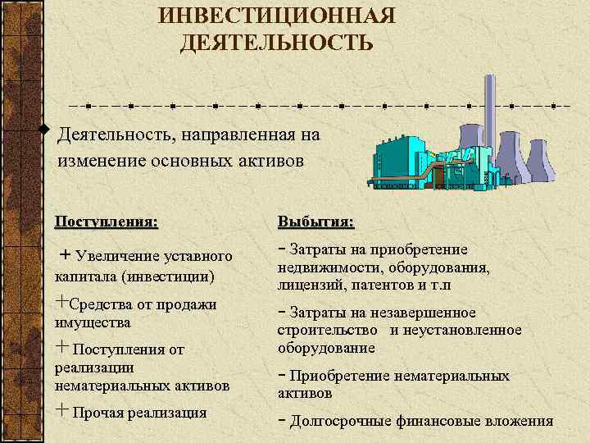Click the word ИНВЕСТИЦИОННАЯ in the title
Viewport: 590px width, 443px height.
click(277, 16)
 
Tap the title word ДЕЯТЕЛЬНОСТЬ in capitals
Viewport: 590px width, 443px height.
click(277, 42)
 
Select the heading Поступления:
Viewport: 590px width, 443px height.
click(107, 221)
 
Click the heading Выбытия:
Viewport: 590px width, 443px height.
click(316, 221)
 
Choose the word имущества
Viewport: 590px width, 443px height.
click(93, 322)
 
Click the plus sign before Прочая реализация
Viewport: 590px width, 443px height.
click(61, 410)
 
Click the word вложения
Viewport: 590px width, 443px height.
click(517, 422)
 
